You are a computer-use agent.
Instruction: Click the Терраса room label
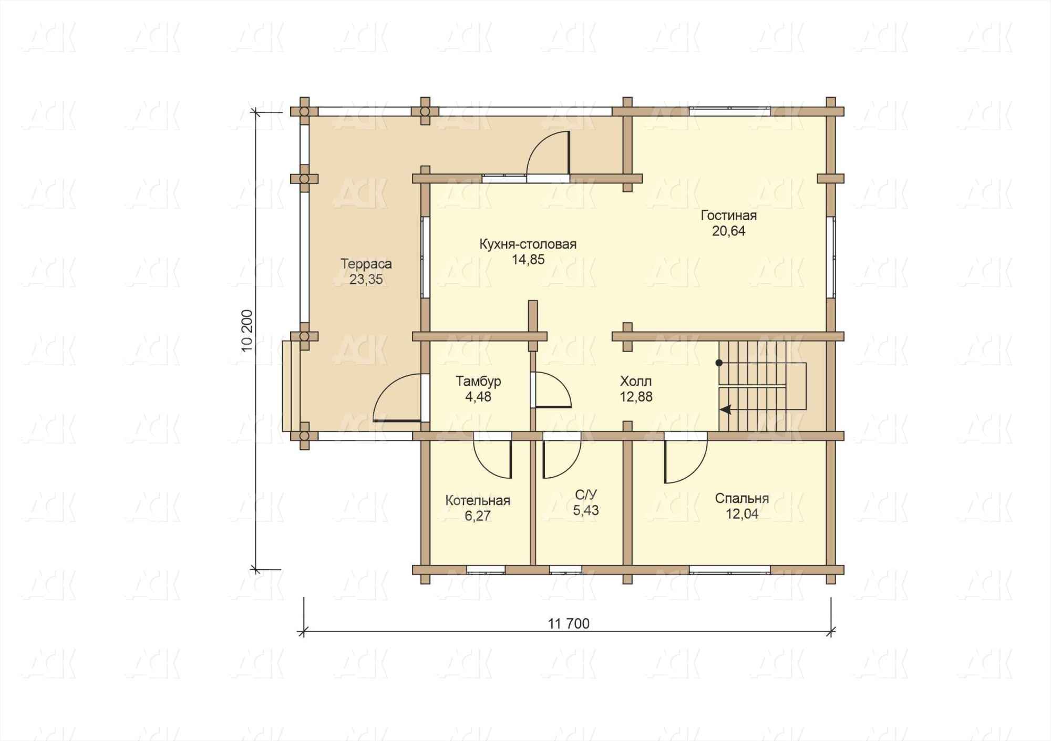click(x=366, y=264)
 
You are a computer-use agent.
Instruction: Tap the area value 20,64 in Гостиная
click(x=728, y=231)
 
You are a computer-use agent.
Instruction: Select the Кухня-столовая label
click(x=528, y=244)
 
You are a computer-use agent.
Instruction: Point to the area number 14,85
click(x=528, y=260)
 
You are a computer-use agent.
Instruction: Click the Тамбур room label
click(x=478, y=381)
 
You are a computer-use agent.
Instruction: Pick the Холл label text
click(x=636, y=381)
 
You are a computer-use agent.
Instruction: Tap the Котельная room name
click(x=478, y=500)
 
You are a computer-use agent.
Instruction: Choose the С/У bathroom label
click(x=586, y=495)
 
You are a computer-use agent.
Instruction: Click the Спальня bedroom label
click(x=742, y=498)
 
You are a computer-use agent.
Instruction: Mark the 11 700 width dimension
click(x=569, y=624)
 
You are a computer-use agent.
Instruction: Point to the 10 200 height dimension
click(x=248, y=331)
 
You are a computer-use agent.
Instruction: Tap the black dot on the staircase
click(x=719, y=363)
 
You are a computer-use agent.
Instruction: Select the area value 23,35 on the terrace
click(x=366, y=280)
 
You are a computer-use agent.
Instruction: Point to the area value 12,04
click(x=742, y=514)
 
